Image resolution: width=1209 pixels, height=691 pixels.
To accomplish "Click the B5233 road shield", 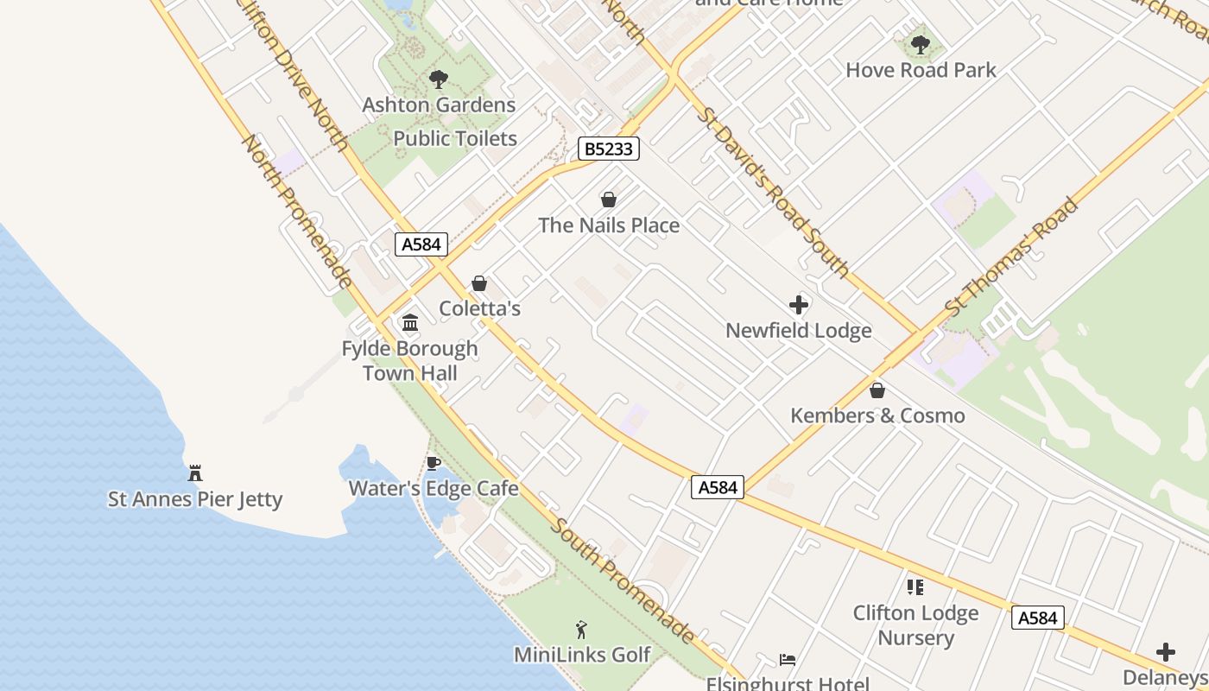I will pyautogui.click(x=608, y=149).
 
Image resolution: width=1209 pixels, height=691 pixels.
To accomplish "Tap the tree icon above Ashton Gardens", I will pyautogui.click(x=439, y=79).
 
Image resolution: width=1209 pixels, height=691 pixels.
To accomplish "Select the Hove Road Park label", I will pyautogui.click(x=921, y=70).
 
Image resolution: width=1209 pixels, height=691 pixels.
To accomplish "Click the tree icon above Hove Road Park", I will pyautogui.click(x=921, y=44).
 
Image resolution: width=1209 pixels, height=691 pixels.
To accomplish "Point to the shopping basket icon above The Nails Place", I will pyautogui.click(x=609, y=200).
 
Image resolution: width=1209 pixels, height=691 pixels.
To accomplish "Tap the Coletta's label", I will pyautogui.click(x=479, y=308).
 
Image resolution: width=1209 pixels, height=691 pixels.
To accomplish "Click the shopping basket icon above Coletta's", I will pyautogui.click(x=479, y=283).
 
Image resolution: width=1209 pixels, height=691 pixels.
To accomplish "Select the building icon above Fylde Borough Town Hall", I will pyautogui.click(x=410, y=323).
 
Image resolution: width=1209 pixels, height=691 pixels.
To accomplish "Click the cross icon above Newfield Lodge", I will pyautogui.click(x=799, y=305).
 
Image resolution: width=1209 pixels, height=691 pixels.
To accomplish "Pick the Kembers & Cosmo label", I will pyautogui.click(x=877, y=415).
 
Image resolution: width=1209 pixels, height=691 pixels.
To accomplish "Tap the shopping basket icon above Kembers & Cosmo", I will pyautogui.click(x=877, y=390).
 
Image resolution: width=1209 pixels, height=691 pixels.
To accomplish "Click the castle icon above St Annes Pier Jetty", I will pyautogui.click(x=195, y=473).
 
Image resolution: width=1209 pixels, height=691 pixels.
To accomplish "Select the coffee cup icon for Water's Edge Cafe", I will pyautogui.click(x=434, y=464).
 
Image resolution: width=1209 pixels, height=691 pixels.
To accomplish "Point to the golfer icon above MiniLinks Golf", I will pyautogui.click(x=581, y=630).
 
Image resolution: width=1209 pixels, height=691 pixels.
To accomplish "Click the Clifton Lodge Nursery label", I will pyautogui.click(x=915, y=625).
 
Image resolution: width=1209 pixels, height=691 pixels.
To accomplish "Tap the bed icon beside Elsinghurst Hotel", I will pyautogui.click(x=788, y=660).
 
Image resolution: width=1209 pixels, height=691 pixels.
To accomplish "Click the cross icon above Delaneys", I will pyautogui.click(x=1166, y=652).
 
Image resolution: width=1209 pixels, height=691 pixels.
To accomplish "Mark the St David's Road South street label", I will pyautogui.click(x=775, y=192).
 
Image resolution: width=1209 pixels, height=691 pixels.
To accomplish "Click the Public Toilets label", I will pyautogui.click(x=455, y=138).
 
